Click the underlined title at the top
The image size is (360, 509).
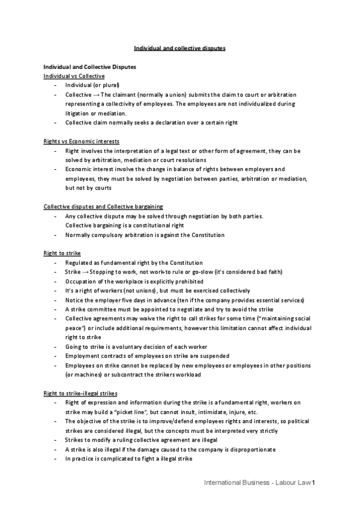[179, 48]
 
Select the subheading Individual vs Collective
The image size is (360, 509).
[74, 76]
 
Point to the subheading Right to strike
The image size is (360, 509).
[62, 253]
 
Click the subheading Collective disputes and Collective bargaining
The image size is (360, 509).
[103, 206]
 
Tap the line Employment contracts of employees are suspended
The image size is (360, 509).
[147, 356]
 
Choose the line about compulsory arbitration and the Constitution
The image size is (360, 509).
[145, 235]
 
